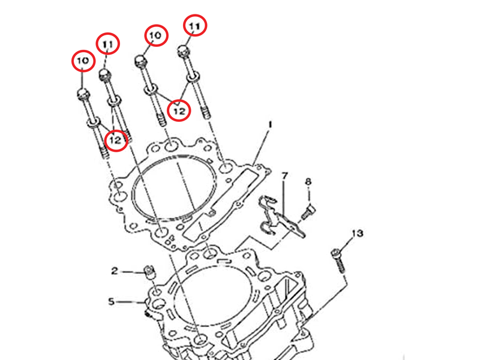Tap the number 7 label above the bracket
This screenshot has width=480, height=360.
pyautogui.click(x=284, y=175)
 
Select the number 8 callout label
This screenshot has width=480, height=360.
pyautogui.click(x=308, y=181)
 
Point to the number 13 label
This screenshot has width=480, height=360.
pyautogui.click(x=357, y=233)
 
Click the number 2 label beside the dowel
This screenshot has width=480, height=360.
pyautogui.click(x=115, y=272)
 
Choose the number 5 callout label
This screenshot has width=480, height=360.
pyautogui.click(x=111, y=301)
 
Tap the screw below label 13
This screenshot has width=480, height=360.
pyautogui.click(x=338, y=259)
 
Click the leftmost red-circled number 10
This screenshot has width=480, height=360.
pyautogui.click(x=83, y=61)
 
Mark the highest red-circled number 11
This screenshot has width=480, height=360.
pyautogui.click(x=194, y=26)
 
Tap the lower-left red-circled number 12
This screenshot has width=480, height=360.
pyautogui.click(x=116, y=140)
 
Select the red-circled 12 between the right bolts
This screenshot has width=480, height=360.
pyautogui.click(x=179, y=110)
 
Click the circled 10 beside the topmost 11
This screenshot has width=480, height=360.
pyautogui.click(x=155, y=36)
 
